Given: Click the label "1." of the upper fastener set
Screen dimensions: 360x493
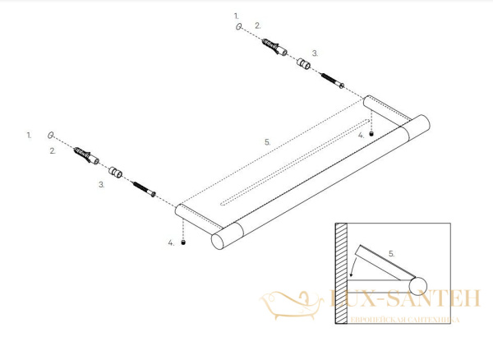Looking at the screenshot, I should (237, 16).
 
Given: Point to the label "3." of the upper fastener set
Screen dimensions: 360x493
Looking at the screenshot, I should (314, 51).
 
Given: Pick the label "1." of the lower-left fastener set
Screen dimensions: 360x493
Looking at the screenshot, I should (29, 133).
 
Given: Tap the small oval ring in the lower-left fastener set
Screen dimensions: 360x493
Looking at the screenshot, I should (51, 134).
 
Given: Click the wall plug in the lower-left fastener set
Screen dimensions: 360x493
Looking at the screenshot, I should (85, 155).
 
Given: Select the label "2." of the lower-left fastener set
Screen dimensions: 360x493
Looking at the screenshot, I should (52, 150).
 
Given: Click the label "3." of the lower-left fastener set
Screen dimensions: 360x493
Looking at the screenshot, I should (101, 186).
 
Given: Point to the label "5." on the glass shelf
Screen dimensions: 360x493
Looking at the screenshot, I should (267, 141).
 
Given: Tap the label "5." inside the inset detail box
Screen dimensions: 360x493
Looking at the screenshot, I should (391, 254).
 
